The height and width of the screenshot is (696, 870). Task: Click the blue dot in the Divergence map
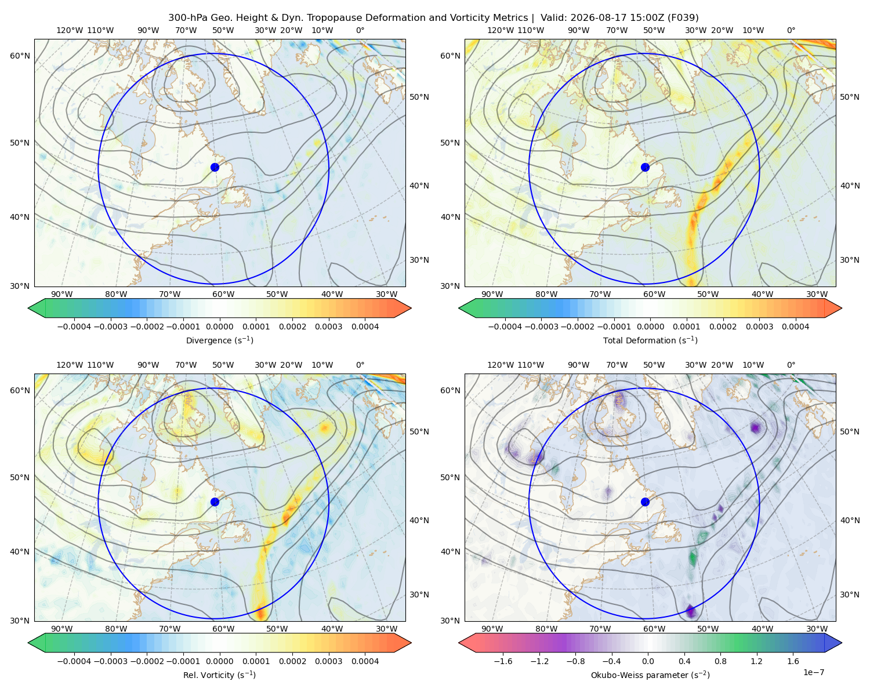pyautogui.click(x=215, y=167)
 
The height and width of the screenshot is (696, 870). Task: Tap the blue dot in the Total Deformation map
pyautogui.click(x=645, y=167)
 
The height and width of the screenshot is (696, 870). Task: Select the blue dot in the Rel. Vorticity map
pyautogui.click(x=215, y=502)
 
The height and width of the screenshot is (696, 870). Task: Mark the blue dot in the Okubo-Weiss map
pyautogui.click(x=645, y=502)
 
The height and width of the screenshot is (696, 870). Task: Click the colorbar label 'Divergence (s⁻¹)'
pyautogui.click(x=219, y=340)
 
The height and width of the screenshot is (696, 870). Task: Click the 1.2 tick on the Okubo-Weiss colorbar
pyautogui.click(x=756, y=661)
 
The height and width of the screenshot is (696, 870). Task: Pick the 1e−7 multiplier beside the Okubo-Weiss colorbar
pyautogui.click(x=813, y=672)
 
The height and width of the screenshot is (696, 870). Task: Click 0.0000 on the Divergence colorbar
pyautogui.click(x=219, y=327)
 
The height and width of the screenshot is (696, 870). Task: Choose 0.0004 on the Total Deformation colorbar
pyautogui.click(x=795, y=327)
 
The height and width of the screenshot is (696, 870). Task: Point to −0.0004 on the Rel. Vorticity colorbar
pyautogui.click(x=74, y=661)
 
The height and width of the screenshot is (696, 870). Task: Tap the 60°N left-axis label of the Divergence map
pyautogui.click(x=20, y=56)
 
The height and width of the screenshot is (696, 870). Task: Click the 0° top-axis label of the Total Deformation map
pyautogui.click(x=791, y=30)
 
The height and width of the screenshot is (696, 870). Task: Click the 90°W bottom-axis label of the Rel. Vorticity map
pyautogui.click(x=62, y=629)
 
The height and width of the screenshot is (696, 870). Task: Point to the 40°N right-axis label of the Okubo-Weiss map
pyautogui.click(x=850, y=520)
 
